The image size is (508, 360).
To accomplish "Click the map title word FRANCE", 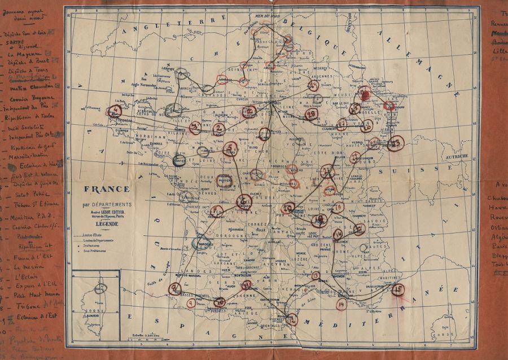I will click(108, 189).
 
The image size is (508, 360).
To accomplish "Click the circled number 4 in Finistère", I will click(115, 110).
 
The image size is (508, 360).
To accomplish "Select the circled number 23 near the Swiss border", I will click(396, 143).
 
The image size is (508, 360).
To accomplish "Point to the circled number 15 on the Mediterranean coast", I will click(398, 289).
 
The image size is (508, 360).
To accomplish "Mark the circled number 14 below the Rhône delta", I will click(341, 305).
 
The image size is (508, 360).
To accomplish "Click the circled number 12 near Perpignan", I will click(292, 319).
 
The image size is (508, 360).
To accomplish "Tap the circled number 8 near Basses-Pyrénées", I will click(175, 288).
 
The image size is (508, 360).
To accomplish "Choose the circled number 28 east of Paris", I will click(311, 114).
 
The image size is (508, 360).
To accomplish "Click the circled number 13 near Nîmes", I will click(316, 276).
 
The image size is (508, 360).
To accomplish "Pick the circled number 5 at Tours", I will click(230, 148).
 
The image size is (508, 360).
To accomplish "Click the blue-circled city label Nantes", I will click(179, 161).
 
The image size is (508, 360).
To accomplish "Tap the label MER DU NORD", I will click(268, 17).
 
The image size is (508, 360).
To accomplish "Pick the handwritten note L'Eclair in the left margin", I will click(25, 277).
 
